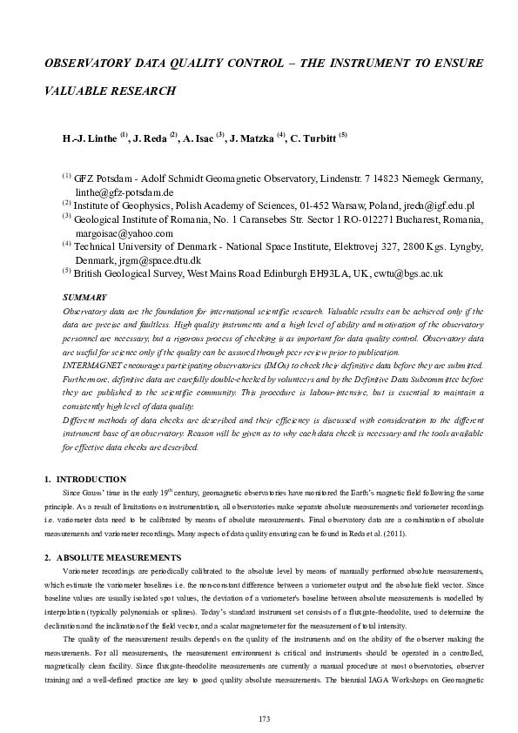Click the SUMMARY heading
85,298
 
